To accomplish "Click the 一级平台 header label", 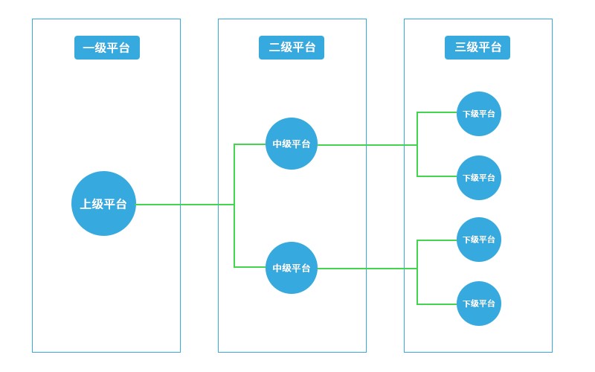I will coord(106,48).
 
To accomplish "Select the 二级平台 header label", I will coord(292,48).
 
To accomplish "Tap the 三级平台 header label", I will coord(477,48).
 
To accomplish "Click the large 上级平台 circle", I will coord(103,203).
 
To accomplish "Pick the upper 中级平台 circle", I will coord(292,144).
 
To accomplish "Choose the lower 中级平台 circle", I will coord(292,268).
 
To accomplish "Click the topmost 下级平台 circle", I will coord(479,114).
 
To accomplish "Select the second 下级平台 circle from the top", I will coord(479,178).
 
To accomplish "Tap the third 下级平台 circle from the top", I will coord(479,240).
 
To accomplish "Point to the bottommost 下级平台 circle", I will coord(479,304).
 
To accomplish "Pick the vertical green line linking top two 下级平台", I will coord(417,161).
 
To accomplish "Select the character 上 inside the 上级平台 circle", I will coord(86,204).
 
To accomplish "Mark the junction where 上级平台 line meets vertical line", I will coord(234,204).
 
